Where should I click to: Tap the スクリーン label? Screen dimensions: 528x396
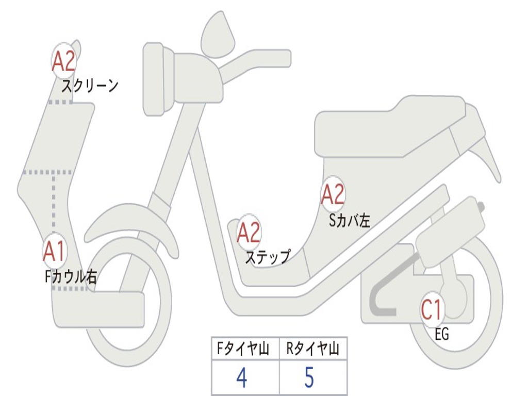pos(90,85)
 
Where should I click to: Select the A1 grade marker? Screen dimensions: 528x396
pos(54,251)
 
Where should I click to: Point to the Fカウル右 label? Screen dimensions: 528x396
pos(71,277)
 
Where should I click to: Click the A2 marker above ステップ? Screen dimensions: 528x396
pos(249,234)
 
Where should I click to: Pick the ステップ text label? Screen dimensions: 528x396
pos(267,256)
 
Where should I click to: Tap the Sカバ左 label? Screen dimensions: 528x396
pos(350,220)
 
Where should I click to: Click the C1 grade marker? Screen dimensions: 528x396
pos(432,310)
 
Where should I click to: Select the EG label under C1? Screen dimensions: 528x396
pos(442,335)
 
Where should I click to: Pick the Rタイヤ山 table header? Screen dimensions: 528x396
pos(312,349)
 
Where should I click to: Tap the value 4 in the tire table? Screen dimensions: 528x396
pos(241,378)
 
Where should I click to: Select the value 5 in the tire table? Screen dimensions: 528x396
pos(309,378)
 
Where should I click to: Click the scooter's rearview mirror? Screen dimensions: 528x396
pos(218,34)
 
